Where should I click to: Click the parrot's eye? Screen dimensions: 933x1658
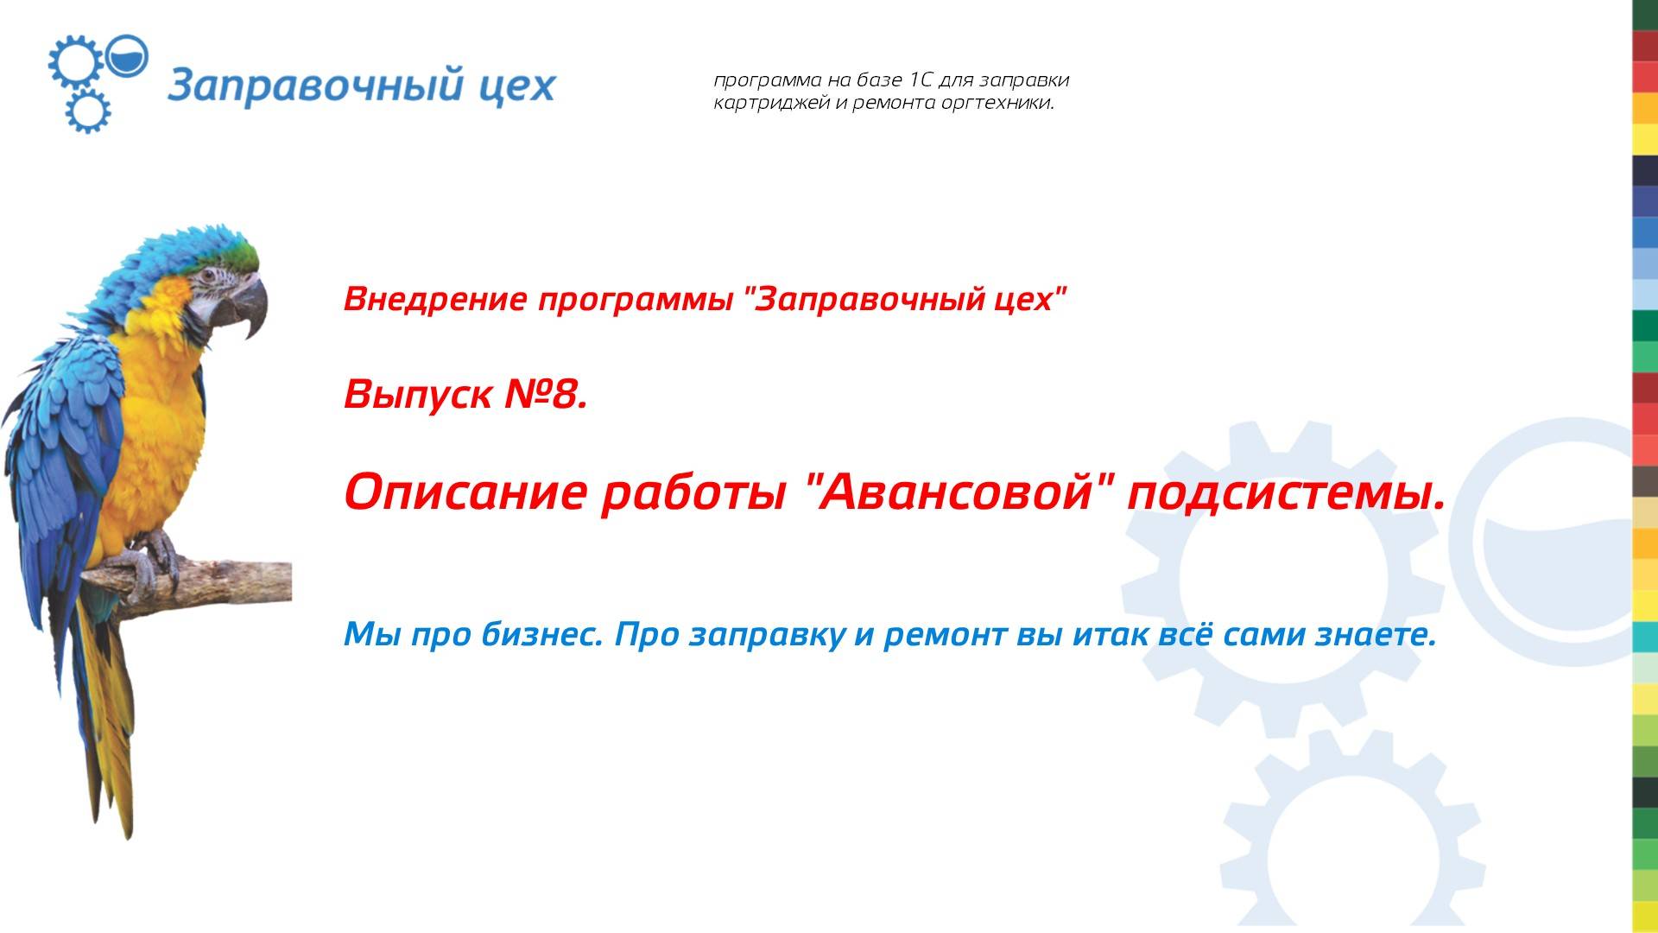pyautogui.click(x=208, y=276)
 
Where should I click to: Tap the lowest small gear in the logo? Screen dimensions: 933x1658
pyautogui.click(x=87, y=111)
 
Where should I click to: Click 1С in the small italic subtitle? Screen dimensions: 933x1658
pyautogui.click(x=921, y=80)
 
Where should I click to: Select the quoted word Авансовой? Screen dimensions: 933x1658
pyautogui.click(x=954, y=492)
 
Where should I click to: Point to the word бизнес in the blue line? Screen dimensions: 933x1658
pyautogui.click(x=541, y=635)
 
